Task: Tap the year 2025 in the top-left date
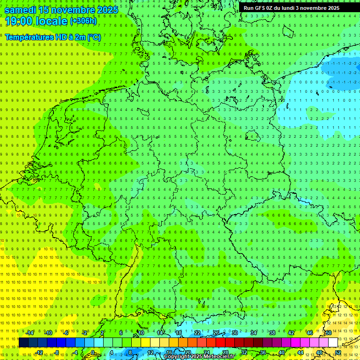(106, 10)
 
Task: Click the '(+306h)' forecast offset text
(83, 21)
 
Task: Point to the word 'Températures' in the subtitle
(29, 37)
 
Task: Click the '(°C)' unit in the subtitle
(94, 37)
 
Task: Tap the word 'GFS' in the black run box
(260, 8)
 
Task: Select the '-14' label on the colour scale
(30, 333)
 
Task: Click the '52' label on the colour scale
(337, 352)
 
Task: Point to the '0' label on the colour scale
(92, 352)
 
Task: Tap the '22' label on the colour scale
(197, 333)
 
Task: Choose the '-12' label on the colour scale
(39, 352)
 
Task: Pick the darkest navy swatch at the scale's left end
(23, 343)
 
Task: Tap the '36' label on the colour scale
(263, 352)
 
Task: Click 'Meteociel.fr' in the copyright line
(218, 357)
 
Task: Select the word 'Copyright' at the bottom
(177, 357)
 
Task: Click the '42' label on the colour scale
(291, 333)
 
